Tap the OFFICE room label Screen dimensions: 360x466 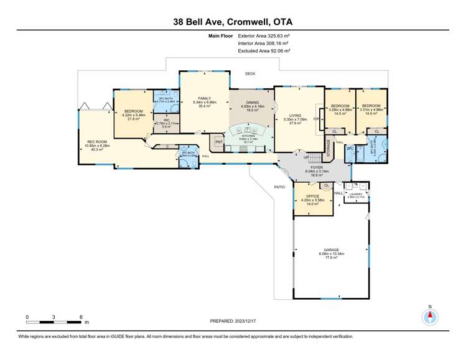309,196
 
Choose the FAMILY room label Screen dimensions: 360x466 205,98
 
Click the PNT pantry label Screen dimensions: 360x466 218,142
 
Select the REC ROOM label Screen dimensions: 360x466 96,142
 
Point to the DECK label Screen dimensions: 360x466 250,74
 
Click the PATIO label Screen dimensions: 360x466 279,186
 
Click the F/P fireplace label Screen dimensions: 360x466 316,119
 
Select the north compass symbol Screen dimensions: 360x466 430,317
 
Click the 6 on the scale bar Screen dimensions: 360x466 82,317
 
